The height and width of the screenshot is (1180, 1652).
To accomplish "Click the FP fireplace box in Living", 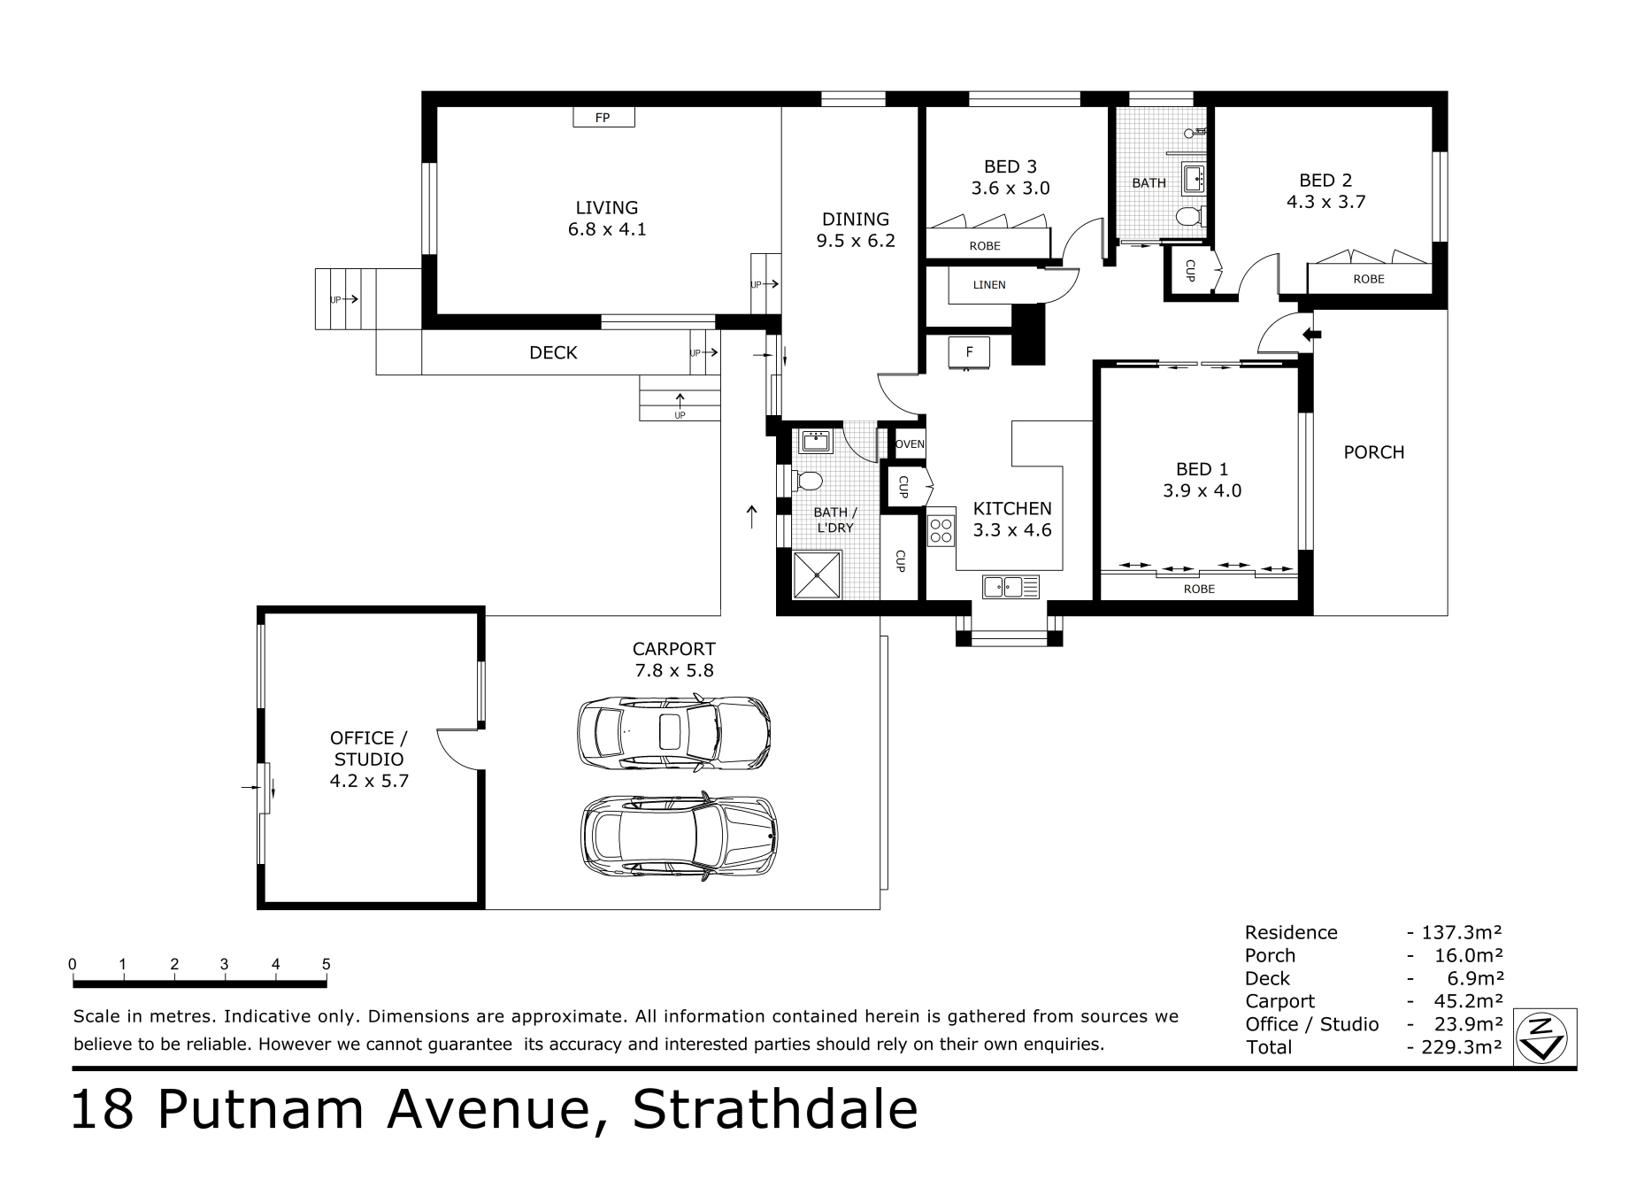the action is (603, 117).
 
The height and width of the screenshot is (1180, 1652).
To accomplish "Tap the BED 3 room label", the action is (1010, 166).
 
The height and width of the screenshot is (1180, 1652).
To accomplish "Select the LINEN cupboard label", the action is (989, 285).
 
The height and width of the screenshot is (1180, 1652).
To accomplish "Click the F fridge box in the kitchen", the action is (970, 352).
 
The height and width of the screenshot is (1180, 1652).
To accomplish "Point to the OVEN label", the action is (910, 444).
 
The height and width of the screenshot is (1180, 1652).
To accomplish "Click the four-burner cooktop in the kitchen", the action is (941, 530).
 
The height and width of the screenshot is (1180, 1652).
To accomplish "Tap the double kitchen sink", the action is (1010, 586).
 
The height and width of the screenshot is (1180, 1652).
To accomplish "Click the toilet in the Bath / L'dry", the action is (806, 481).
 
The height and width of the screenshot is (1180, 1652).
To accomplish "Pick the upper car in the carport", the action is (673, 731).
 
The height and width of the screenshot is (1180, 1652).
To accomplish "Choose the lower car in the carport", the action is (679, 837).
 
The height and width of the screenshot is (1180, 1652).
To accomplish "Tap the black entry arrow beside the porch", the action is (1312, 335).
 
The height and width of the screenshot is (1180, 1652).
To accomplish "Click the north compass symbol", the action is (1545, 1035).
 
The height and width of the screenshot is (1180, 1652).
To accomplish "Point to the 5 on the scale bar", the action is (327, 964).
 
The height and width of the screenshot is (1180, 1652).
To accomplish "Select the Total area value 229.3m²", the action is (1461, 1047).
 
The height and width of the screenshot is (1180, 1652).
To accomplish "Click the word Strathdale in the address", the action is (775, 1110).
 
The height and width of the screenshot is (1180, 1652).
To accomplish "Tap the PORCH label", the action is (1374, 452).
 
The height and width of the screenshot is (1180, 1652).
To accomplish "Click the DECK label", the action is (553, 353).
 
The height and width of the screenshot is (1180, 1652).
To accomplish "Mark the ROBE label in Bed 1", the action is (1199, 589).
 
